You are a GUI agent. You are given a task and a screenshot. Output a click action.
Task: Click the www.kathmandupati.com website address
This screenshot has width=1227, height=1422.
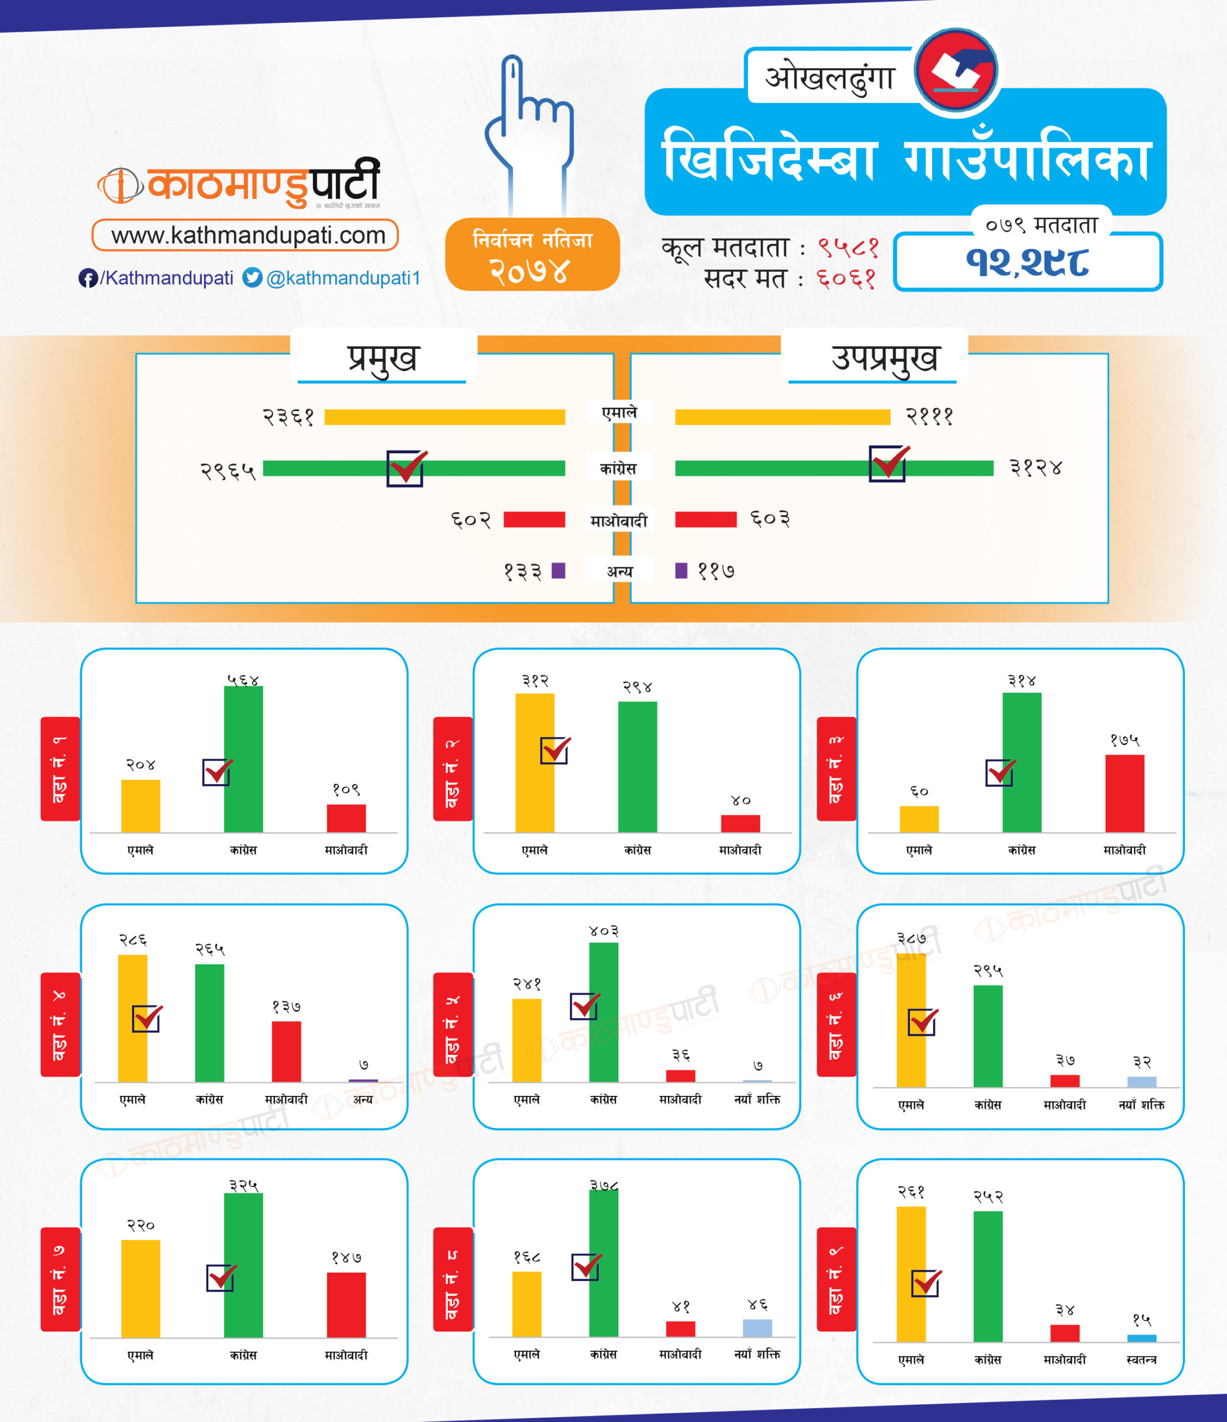click(x=246, y=236)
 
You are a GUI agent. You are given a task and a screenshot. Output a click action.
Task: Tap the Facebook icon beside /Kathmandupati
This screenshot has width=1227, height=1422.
click(x=87, y=278)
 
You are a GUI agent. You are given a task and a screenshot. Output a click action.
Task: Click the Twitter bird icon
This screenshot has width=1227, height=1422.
click(x=253, y=277)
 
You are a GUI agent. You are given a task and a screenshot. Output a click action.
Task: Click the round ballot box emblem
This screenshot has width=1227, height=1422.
click(x=956, y=70)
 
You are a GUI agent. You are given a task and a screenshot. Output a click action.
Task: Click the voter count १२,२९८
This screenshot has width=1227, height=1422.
click(x=1027, y=262)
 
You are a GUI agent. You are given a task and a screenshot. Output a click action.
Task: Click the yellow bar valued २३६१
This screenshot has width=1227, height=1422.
click(x=445, y=417)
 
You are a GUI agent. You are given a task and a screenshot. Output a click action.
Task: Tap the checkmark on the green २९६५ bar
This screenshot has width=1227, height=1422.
click(x=406, y=468)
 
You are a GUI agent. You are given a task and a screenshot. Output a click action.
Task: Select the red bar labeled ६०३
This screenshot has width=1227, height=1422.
click(x=705, y=519)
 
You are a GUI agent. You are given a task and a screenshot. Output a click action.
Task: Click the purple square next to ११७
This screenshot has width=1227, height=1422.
click(x=681, y=570)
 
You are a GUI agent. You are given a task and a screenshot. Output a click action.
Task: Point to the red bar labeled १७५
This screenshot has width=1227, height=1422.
click(x=1124, y=793)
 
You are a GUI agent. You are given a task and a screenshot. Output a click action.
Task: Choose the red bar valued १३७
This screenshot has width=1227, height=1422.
click(x=286, y=1051)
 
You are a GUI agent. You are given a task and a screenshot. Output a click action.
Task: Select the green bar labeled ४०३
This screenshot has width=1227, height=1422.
click(x=603, y=1012)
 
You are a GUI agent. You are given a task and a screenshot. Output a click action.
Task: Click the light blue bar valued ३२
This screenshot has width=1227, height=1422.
click(x=1141, y=1081)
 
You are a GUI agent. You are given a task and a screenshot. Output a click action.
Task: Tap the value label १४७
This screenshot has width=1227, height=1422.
click(x=346, y=1257)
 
